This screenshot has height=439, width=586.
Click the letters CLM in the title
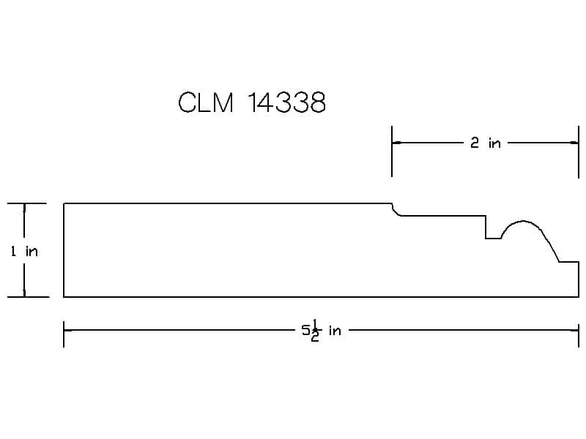tap(206, 102)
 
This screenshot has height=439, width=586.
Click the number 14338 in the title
tap(286, 102)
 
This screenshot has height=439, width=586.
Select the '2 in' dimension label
tap(486, 143)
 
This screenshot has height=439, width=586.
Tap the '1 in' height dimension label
tap(24, 251)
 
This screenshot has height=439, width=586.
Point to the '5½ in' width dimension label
tap(322, 331)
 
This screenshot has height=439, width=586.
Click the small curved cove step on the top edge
tap(396, 210)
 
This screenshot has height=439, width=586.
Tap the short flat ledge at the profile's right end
tap(569, 262)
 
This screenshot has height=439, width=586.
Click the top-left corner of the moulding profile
tap(64, 203)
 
